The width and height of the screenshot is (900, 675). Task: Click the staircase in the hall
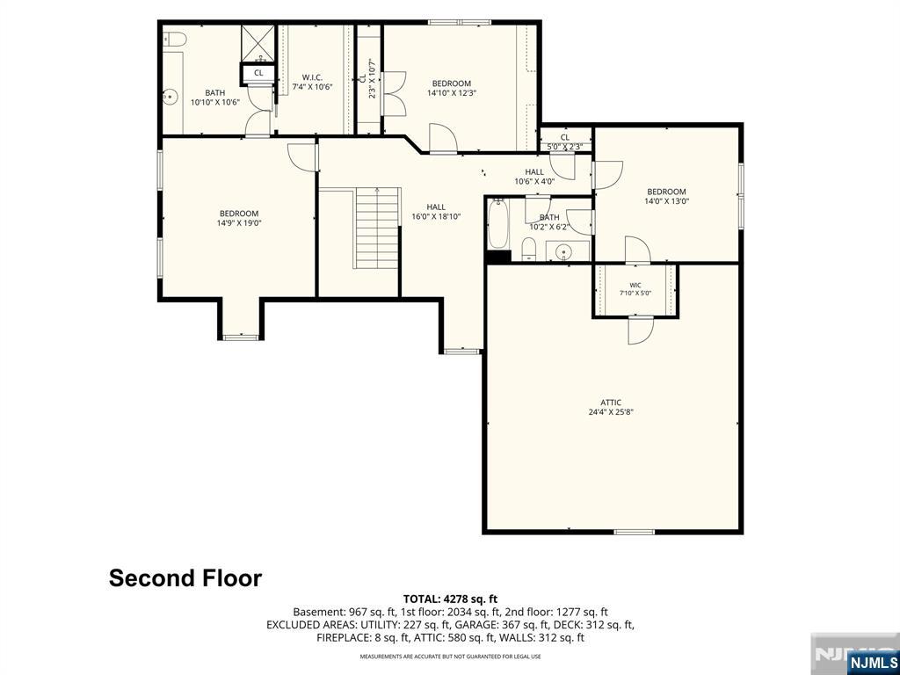click(x=377, y=228)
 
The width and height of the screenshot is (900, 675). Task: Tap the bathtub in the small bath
click(x=498, y=224)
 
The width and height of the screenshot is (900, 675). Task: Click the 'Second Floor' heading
click(x=185, y=578)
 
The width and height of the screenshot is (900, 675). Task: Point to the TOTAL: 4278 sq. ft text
click(x=450, y=599)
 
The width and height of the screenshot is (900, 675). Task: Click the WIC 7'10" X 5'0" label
click(x=635, y=288)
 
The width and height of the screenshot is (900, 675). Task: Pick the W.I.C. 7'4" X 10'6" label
click(x=313, y=82)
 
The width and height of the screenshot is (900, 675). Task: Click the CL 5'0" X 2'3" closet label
click(x=565, y=142)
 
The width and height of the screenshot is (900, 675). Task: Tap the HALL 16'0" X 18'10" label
click(x=436, y=212)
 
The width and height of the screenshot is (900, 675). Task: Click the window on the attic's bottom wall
click(x=635, y=532)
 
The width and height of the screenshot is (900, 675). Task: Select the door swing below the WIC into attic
click(x=640, y=331)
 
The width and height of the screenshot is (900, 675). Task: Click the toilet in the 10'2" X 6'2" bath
click(x=528, y=250)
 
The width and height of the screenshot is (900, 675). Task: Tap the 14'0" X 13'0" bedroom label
click(x=666, y=196)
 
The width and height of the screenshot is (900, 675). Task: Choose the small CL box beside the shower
click(x=258, y=73)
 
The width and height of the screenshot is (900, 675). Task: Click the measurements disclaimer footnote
click(x=450, y=656)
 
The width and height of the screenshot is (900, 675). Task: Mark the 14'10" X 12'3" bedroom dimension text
click(x=453, y=92)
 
